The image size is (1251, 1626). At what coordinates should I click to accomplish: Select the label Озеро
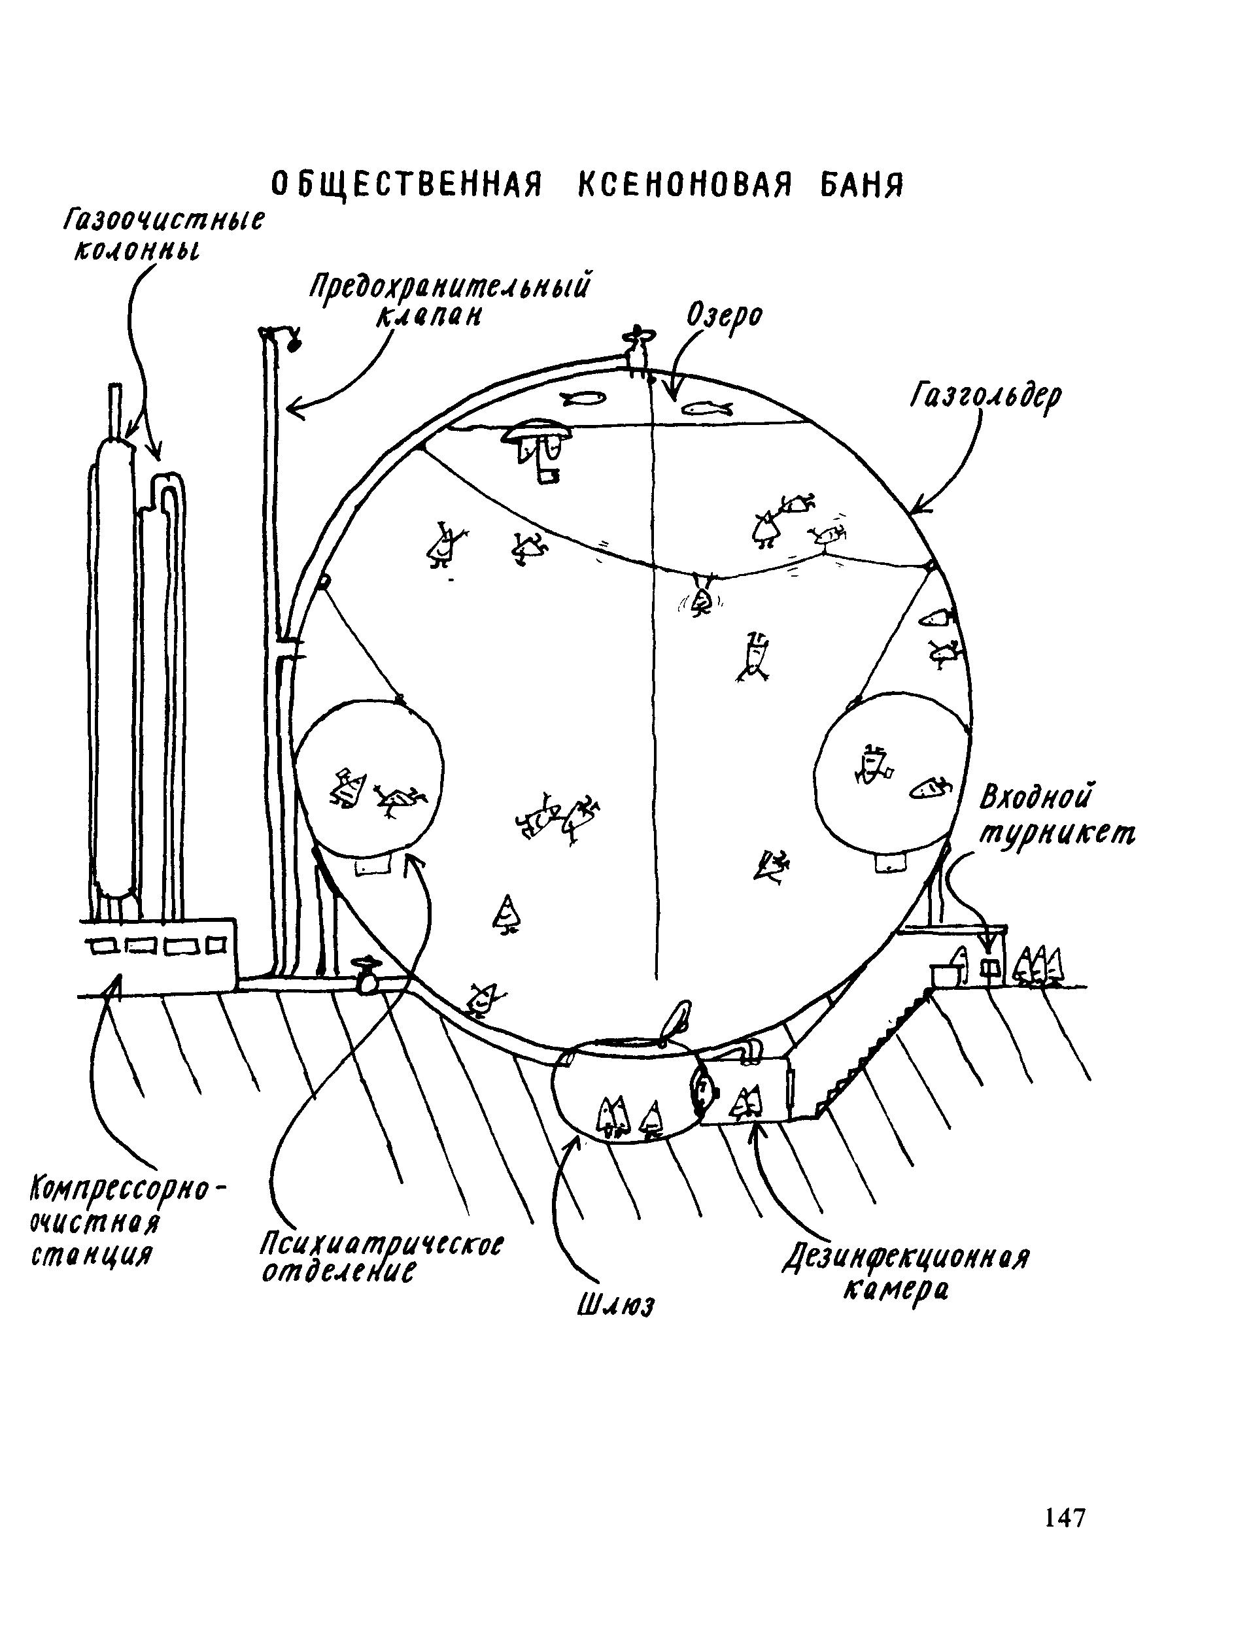pos(724,316)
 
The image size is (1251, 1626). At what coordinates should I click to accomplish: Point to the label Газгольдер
pos(984,397)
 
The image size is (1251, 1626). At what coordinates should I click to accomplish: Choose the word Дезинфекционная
pos(906,1258)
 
